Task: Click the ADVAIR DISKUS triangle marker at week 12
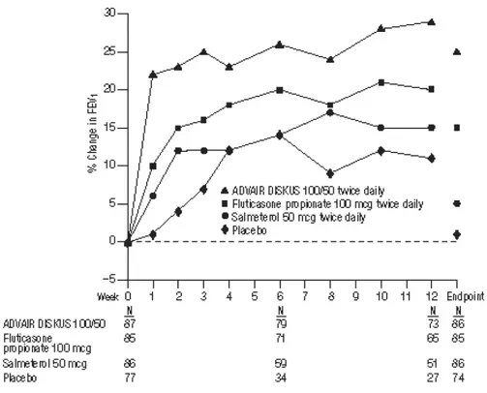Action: point(431,21)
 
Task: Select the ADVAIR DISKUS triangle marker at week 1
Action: point(153,74)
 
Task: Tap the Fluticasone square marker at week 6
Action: point(280,89)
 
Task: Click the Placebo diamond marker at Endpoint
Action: point(457,233)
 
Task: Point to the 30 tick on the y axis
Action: point(120,14)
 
